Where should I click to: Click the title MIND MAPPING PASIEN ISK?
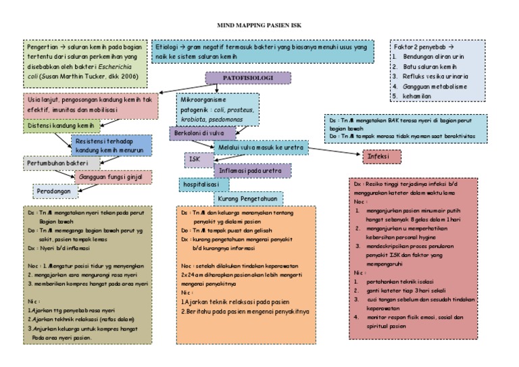pyautogui.click(x=258, y=25)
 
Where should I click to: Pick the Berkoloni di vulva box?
pyautogui.click(x=197, y=133)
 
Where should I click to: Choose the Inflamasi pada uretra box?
pyautogui.click(x=251, y=171)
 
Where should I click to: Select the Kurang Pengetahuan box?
pyautogui.click(x=248, y=198)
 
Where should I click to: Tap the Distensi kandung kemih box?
pyautogui.click(x=59, y=126)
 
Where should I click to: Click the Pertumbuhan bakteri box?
pyautogui.click(x=61, y=163)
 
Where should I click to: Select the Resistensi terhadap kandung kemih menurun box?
pyautogui.click(x=112, y=145)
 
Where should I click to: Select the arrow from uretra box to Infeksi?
pyautogui.click(x=335, y=152)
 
